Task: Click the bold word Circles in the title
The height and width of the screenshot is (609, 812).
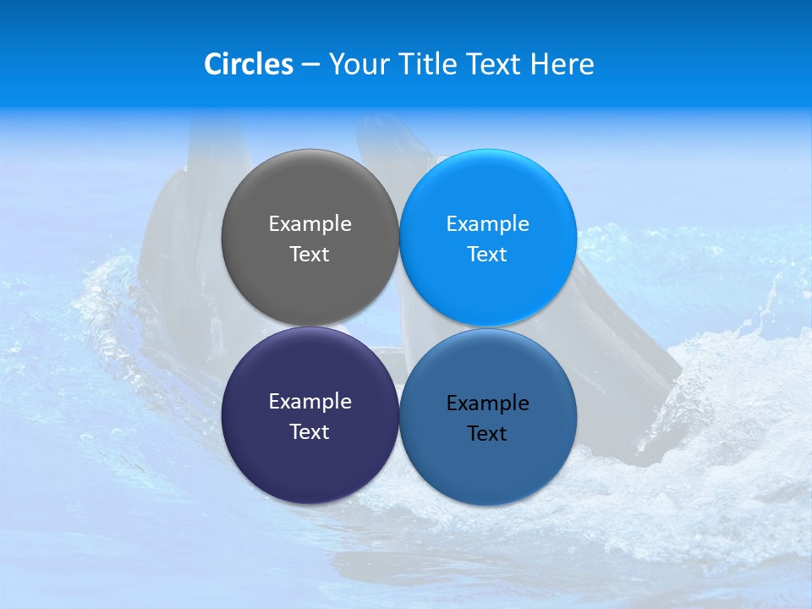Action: point(248,64)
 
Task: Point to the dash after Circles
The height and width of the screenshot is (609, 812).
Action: point(310,65)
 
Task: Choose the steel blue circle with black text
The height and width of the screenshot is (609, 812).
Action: point(488,461)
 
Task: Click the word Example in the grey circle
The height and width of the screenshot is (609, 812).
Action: point(310,224)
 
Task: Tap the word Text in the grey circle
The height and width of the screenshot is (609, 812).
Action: point(310,255)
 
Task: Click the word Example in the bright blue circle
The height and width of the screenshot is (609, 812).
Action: point(487,224)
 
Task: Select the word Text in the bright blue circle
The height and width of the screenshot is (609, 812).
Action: point(487,255)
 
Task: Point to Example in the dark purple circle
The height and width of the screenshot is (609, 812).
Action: point(310,402)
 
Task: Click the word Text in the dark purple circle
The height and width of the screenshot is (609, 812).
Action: point(310,432)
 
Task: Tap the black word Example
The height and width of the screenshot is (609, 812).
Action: point(487,403)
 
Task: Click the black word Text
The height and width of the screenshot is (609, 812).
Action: point(487,434)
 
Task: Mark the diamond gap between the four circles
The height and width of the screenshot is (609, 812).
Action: point(399,326)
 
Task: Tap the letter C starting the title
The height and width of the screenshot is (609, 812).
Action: point(212,64)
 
